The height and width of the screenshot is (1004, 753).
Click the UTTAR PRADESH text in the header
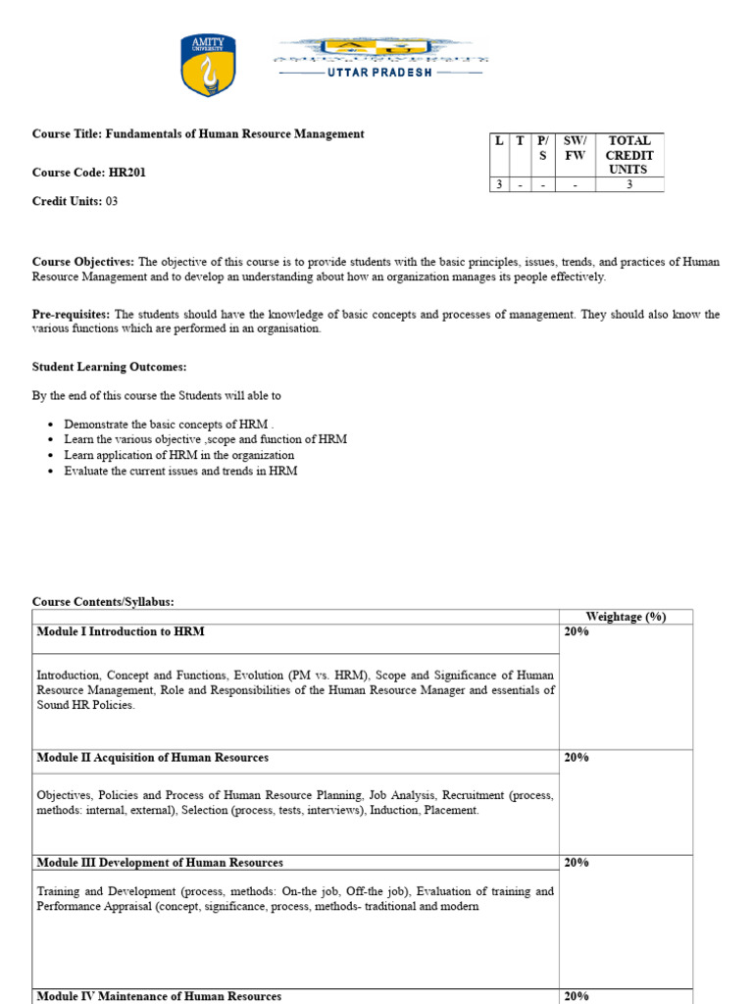[x=379, y=73]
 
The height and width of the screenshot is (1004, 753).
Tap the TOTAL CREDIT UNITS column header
[x=629, y=155]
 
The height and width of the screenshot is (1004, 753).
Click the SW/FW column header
[x=575, y=148]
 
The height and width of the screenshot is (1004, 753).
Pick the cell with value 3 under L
[x=498, y=183]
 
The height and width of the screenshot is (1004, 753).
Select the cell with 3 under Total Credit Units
[x=629, y=183]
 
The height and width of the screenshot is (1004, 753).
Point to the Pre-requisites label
[x=72, y=315]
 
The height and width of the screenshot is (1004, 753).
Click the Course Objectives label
[x=83, y=262]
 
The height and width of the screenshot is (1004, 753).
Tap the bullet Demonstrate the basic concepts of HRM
[x=166, y=425]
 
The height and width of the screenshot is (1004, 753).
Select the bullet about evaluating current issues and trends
[x=180, y=471]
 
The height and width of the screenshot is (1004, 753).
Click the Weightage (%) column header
[x=626, y=617]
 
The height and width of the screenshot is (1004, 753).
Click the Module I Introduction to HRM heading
[x=121, y=632]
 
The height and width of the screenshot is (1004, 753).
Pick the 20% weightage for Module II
[x=577, y=758]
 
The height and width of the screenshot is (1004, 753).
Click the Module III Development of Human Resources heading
[x=160, y=863]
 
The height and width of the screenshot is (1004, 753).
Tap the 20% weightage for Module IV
[x=577, y=996]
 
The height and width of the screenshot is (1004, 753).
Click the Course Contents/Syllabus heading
[x=103, y=602]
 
